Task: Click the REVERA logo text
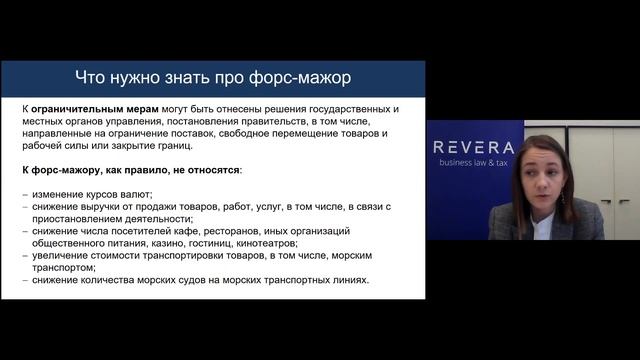(x=474, y=148)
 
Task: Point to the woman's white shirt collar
(x=543, y=222)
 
